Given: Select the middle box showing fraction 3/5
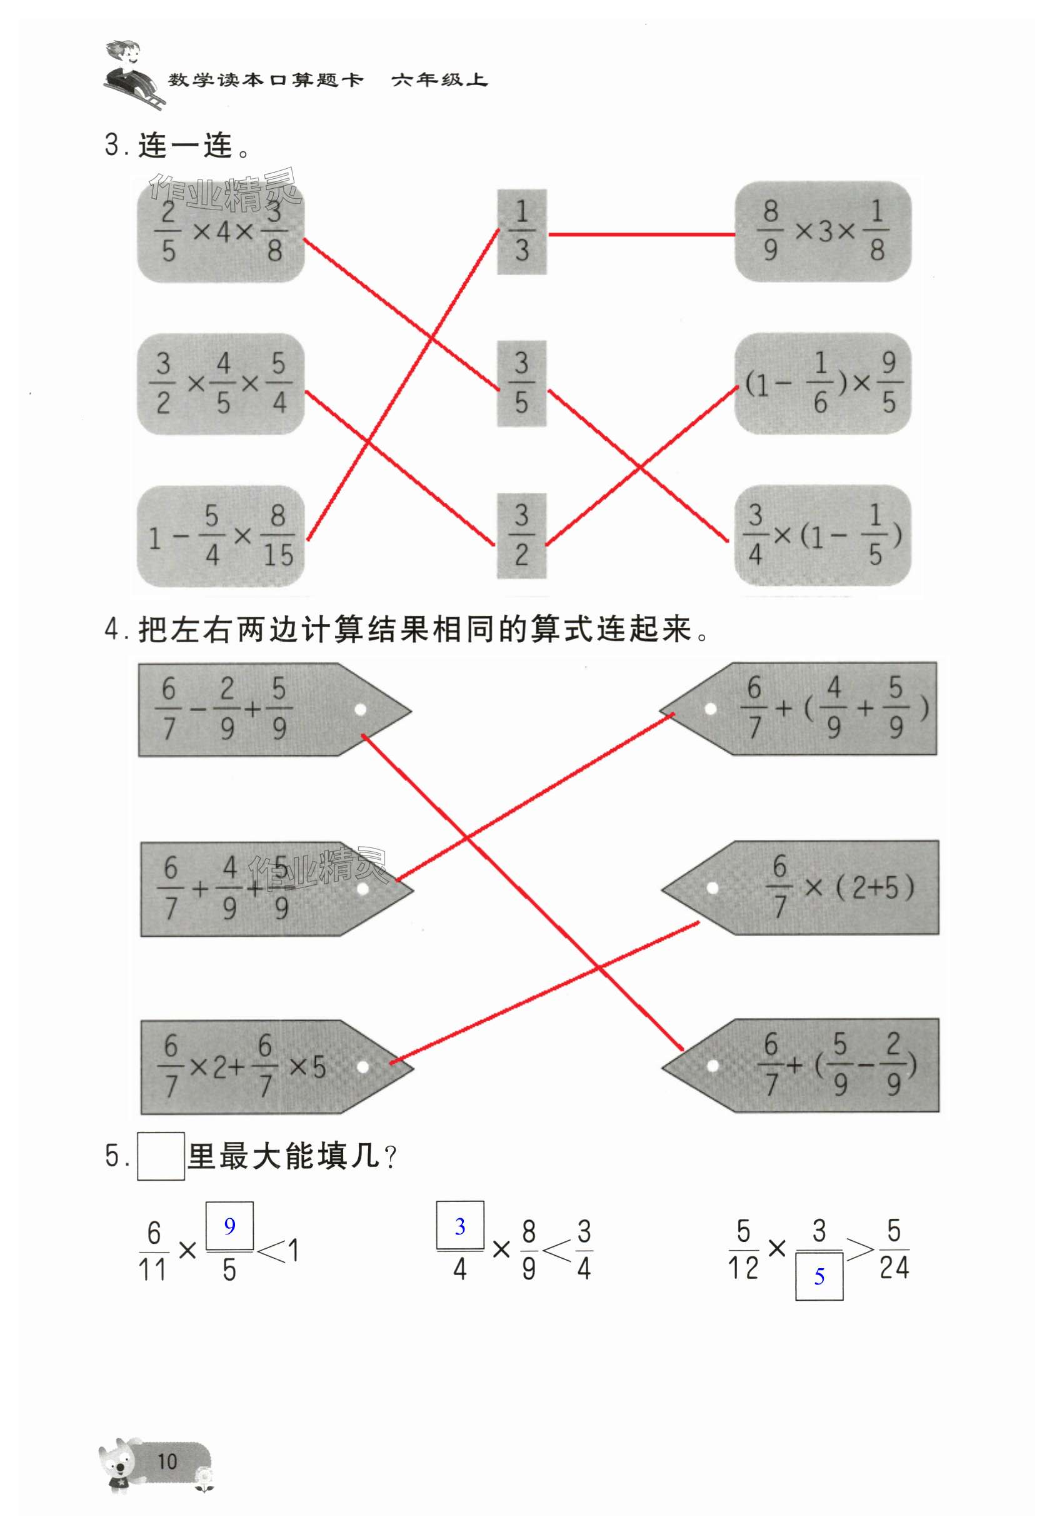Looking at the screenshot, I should pyautogui.click(x=521, y=383).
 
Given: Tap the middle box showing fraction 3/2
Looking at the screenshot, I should pyautogui.click(x=521, y=535).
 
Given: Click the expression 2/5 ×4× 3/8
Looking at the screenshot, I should pyautogui.click(x=221, y=233).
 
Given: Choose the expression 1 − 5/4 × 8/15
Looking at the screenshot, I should pyautogui.click(x=221, y=536).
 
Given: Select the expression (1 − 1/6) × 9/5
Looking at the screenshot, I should pyautogui.click(x=823, y=383).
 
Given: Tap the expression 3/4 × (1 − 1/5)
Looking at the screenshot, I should pyautogui.click(x=823, y=535).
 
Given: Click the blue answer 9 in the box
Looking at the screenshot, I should pyautogui.click(x=229, y=1226).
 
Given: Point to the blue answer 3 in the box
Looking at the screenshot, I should pyautogui.click(x=460, y=1226).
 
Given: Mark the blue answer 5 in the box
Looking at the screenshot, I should pyautogui.click(x=819, y=1276).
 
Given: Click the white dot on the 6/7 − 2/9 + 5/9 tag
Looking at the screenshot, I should pyautogui.click(x=360, y=710).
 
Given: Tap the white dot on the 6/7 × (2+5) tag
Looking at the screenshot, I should pyautogui.click(x=712, y=888).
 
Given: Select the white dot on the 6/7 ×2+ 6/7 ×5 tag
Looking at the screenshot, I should pyautogui.click(x=363, y=1067).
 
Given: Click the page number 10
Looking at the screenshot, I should pyautogui.click(x=167, y=1461).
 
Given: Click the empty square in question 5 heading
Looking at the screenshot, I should pyautogui.click(x=161, y=1155).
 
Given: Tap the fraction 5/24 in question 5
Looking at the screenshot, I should pyautogui.click(x=894, y=1249).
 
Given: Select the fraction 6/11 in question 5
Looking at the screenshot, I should pyautogui.click(x=153, y=1251).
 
